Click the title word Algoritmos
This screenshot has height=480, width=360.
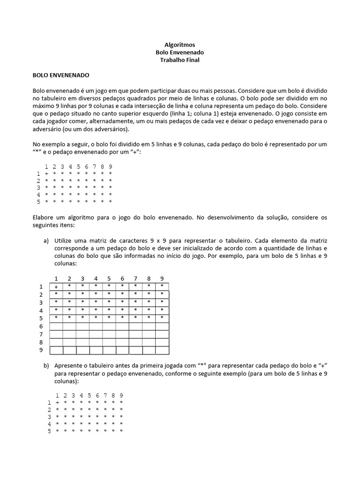pyautogui.click(x=180, y=45)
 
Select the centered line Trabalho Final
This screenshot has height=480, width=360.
pyautogui.click(x=180, y=60)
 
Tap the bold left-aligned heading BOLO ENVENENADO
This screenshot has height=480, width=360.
pyautogui.click(x=61, y=75)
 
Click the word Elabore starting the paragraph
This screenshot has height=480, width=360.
pyautogui.click(x=43, y=217)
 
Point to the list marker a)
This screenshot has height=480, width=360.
pyautogui.click(x=46, y=240)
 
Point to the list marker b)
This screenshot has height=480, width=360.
pyautogui.click(x=46, y=365)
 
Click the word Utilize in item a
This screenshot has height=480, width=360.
pyautogui.click(x=65, y=240)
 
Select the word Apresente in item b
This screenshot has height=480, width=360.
pyautogui.click(x=69, y=365)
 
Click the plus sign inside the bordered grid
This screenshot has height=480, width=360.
pyautogui.click(x=56, y=287)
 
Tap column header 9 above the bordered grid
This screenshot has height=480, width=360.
pyautogui.click(x=162, y=278)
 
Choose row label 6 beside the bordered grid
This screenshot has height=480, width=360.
pyautogui.click(x=41, y=326)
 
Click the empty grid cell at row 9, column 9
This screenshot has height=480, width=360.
pyautogui.click(x=162, y=350)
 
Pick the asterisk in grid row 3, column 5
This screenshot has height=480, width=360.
pyautogui.click(x=109, y=302)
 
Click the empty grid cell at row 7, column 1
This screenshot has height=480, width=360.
pyautogui.click(x=56, y=334)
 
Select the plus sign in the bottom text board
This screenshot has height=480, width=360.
pyautogui.click(x=57, y=403)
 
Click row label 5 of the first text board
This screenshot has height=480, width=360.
pyautogui.click(x=38, y=202)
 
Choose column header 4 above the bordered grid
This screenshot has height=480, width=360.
pyautogui.click(x=96, y=278)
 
